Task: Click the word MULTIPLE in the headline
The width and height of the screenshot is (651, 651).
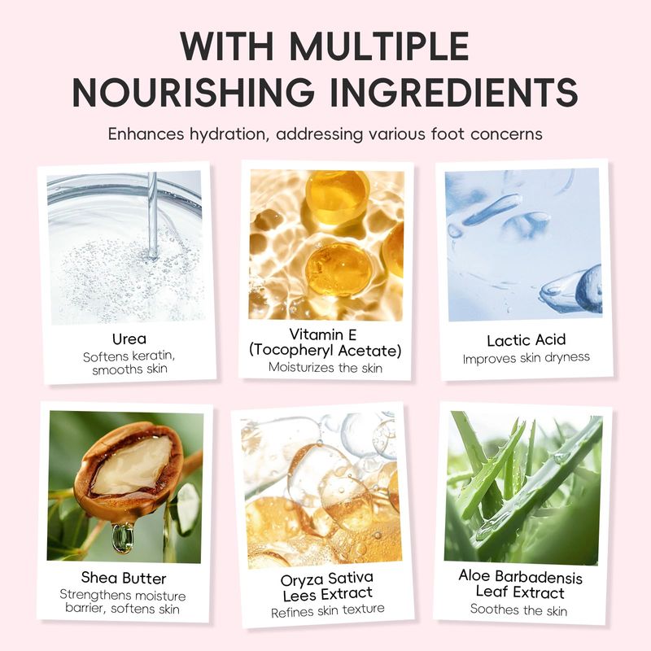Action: [x=379, y=46]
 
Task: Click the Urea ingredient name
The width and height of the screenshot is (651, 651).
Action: [x=129, y=339]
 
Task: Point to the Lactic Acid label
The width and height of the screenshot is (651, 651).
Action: [x=526, y=340]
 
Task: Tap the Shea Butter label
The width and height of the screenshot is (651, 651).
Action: [x=124, y=578]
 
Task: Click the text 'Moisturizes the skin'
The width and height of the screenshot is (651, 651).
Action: [x=325, y=368]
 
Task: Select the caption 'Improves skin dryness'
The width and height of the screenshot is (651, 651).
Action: [x=526, y=358]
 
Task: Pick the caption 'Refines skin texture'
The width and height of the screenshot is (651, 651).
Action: [x=328, y=610]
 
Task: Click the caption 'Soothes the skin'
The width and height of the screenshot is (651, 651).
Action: [x=518, y=609]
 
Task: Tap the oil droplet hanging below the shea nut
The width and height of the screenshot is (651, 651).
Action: [x=123, y=538]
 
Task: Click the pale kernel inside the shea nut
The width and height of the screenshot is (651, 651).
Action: [x=132, y=465]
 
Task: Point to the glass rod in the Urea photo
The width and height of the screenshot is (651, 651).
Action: [x=153, y=216]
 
